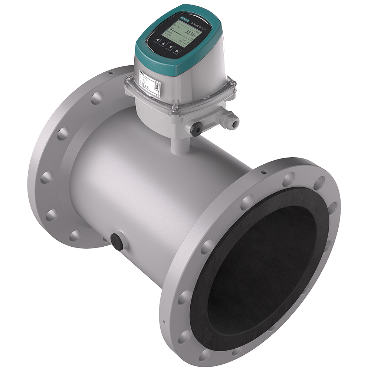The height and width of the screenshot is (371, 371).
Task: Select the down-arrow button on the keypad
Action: pyautogui.click(x=171, y=47)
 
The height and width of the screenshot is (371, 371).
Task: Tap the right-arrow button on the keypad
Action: pyautogui.click(x=177, y=50)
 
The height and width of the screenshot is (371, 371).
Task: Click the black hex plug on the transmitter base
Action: pyautogui.click(x=196, y=129)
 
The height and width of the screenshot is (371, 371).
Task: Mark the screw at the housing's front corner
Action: pyautogui.click(x=174, y=108)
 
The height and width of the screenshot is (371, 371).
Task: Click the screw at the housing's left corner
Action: pyautogui.click(x=129, y=79)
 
